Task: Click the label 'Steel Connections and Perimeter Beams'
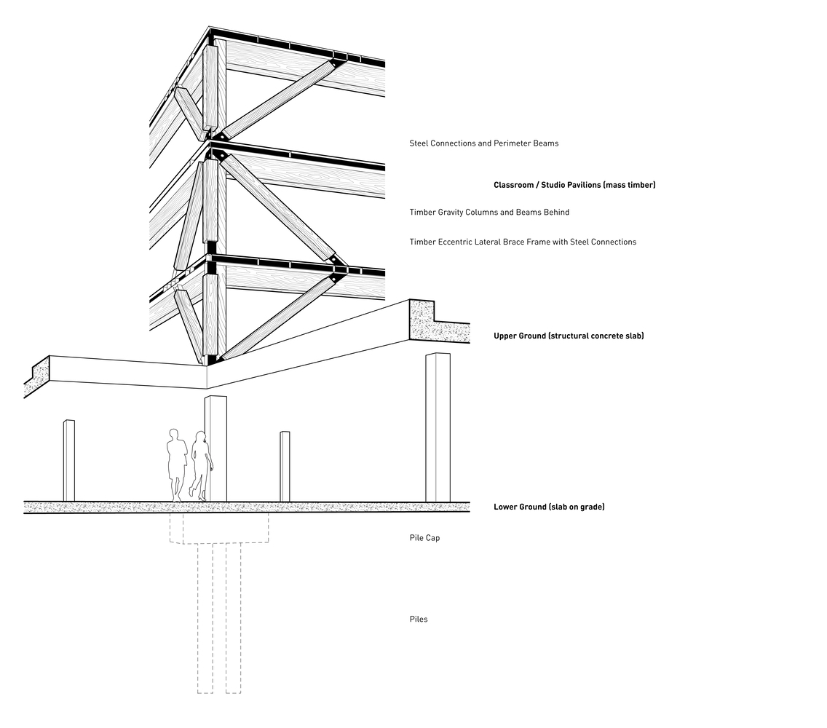483,143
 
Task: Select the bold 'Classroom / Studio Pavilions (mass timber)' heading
574,185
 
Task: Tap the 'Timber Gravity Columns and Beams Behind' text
488,213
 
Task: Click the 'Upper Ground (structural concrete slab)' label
569,336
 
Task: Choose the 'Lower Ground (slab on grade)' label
549,507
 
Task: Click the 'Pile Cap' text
424,538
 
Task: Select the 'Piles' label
419,620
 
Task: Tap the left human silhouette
175,463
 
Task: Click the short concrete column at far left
69,460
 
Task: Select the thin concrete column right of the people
285,466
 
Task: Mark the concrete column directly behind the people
217,448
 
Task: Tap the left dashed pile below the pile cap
205,619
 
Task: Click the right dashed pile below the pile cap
233,619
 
